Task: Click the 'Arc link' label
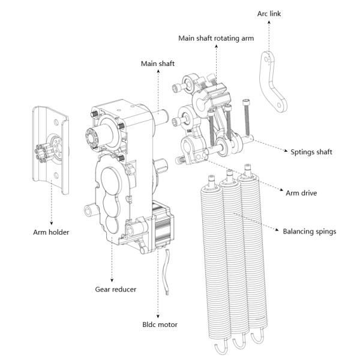tap(269, 14)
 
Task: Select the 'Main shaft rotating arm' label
tap(216, 38)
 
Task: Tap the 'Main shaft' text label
tap(158, 64)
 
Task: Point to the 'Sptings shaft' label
tap(311, 152)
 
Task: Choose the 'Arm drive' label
tap(301, 193)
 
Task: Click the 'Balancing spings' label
tap(309, 232)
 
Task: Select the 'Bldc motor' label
tap(160, 325)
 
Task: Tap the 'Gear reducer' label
tap(115, 289)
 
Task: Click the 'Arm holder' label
tap(51, 232)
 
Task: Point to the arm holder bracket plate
tap(50, 149)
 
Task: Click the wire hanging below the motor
tap(166, 272)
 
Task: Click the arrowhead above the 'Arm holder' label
tap(52, 223)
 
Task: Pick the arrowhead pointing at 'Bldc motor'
tap(158, 316)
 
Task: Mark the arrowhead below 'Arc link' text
tap(269, 22)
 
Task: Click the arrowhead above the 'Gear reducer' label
tap(112, 280)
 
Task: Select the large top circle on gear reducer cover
tap(110, 181)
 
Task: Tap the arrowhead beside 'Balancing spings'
tap(277, 230)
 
